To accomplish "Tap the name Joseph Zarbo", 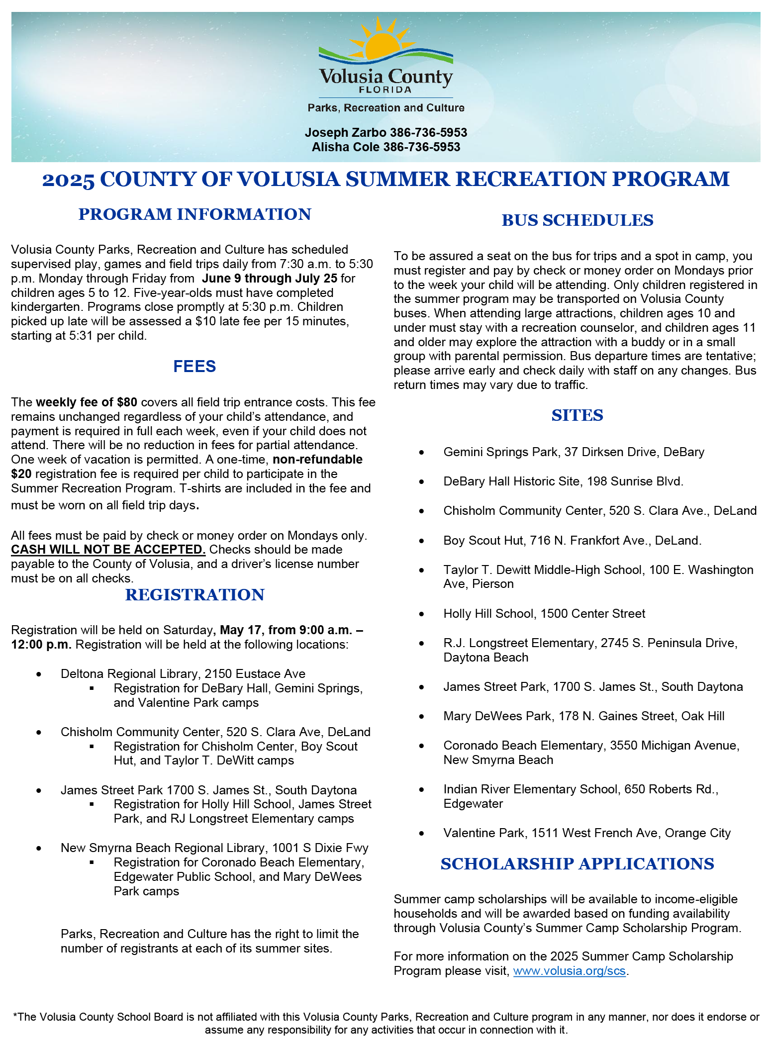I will coord(345,133).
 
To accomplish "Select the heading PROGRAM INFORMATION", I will coord(194,214).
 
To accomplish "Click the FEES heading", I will coord(194,367).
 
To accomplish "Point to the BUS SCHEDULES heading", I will coord(577,220).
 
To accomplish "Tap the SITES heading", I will coord(577,415).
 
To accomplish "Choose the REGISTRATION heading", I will coord(194,595).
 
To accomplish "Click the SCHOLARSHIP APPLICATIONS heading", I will coord(577,864).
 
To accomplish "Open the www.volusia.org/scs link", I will coord(569,971).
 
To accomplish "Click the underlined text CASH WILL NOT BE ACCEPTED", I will coord(108,550).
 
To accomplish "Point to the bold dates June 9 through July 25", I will coord(269,279).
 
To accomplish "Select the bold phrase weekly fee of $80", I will coord(86,402).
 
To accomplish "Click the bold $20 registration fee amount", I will coord(21,474).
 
